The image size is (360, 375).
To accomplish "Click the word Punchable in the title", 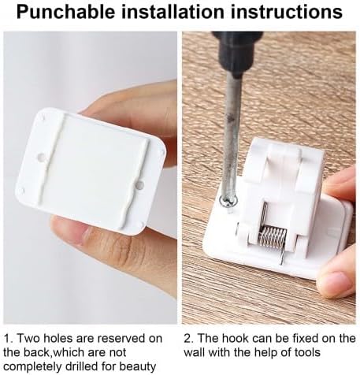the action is click(x=65, y=12).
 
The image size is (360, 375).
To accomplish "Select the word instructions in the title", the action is click(x=287, y=12).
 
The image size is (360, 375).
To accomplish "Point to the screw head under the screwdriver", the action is click(x=228, y=202).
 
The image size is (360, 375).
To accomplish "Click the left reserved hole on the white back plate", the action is click(x=42, y=158).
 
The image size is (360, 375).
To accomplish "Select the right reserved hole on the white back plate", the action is click(x=139, y=184).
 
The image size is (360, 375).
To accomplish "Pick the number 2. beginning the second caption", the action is click(x=188, y=338).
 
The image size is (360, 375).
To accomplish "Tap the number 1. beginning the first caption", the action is click(x=9, y=338).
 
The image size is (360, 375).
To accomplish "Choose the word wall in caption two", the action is click(x=194, y=352).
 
